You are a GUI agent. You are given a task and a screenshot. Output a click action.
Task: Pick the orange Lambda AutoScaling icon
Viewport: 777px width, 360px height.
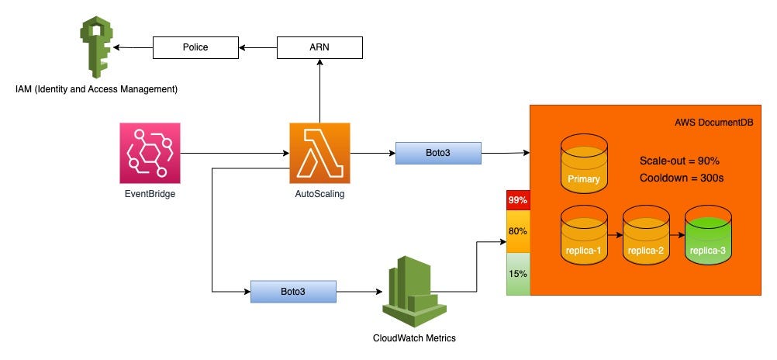(x=319, y=153)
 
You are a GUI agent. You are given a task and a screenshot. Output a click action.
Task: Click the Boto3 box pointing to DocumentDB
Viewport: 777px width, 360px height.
(x=438, y=153)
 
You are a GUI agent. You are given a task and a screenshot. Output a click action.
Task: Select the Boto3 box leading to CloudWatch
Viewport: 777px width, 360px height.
(x=292, y=292)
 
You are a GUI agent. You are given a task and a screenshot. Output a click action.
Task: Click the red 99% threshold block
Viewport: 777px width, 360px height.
(x=518, y=200)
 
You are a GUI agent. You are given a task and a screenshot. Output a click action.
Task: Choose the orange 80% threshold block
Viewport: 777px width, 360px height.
(x=518, y=231)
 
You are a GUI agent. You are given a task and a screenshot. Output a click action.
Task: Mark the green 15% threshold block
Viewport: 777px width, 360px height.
(x=518, y=273)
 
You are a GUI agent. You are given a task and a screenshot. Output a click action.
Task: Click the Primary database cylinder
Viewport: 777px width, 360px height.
(x=584, y=165)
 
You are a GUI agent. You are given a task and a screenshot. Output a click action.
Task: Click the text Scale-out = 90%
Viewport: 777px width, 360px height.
(x=680, y=161)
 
